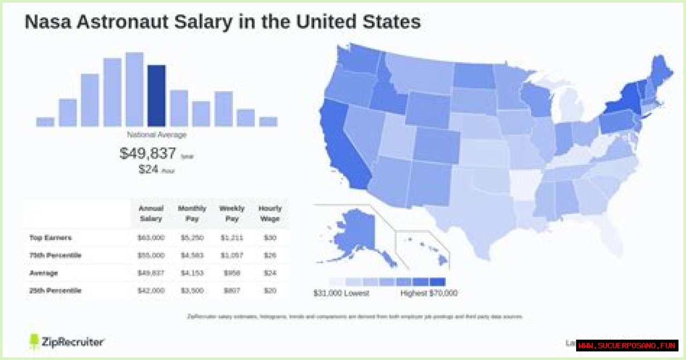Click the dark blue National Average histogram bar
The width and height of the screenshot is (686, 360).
[x=156, y=95]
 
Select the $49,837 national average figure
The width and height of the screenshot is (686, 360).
[x=148, y=154]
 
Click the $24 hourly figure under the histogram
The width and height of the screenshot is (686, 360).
[x=149, y=169]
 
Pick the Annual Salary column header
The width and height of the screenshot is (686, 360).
[x=151, y=214]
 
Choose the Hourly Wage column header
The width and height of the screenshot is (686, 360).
[x=270, y=214]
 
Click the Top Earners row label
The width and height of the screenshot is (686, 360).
[x=50, y=238]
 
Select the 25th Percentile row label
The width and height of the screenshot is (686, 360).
[x=55, y=290]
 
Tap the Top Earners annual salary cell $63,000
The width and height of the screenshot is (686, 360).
[x=151, y=238]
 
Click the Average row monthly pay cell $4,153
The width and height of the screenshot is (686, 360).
[x=191, y=273]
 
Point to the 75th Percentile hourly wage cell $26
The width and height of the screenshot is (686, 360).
[x=270, y=256]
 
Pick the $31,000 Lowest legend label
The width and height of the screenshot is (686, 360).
[x=341, y=293]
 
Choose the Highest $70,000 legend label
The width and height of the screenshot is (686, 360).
[x=429, y=293]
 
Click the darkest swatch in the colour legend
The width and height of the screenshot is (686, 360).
[x=437, y=282]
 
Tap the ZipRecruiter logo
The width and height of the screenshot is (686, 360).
[x=66, y=341]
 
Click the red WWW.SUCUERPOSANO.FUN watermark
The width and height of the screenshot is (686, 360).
[x=627, y=346]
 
